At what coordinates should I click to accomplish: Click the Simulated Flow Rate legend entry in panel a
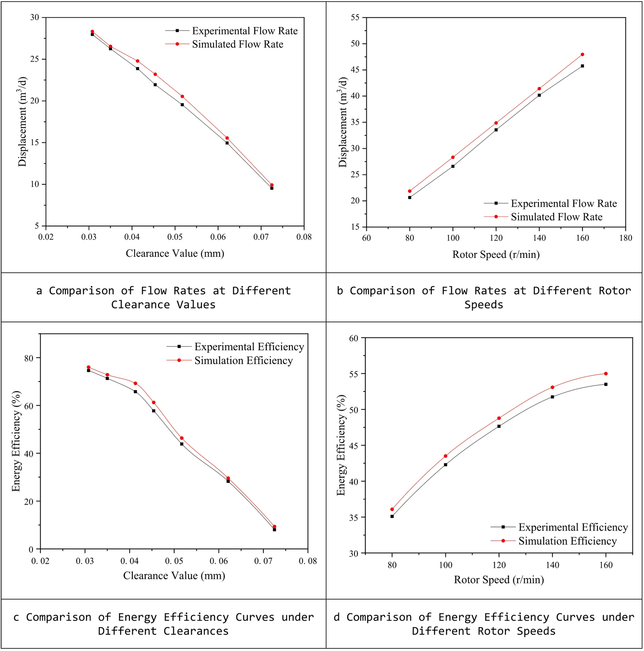click(238, 44)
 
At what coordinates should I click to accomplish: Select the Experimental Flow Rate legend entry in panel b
click(563, 204)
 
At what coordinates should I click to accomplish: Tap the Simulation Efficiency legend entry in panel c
click(243, 360)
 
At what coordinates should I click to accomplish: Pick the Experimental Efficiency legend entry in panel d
click(573, 527)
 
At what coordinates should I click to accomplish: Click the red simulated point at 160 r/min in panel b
click(582, 55)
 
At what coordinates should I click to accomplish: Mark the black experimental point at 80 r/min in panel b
click(410, 198)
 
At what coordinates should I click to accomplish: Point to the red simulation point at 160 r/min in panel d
click(606, 374)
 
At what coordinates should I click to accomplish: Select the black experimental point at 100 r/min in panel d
click(445, 465)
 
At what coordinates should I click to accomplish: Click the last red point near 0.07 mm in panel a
click(272, 185)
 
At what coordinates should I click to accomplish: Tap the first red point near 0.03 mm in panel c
click(89, 367)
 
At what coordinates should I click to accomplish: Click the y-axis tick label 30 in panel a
click(35, 18)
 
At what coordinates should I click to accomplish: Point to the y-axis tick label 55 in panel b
click(355, 18)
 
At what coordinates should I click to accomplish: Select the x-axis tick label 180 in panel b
click(625, 238)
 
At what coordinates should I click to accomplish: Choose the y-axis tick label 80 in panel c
click(29, 358)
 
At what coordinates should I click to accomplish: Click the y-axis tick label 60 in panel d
click(354, 338)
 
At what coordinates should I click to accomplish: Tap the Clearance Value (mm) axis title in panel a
click(175, 253)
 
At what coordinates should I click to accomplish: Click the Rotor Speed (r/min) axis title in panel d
click(499, 579)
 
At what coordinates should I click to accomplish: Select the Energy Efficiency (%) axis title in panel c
click(16, 441)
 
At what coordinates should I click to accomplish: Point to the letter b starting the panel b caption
click(340, 291)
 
